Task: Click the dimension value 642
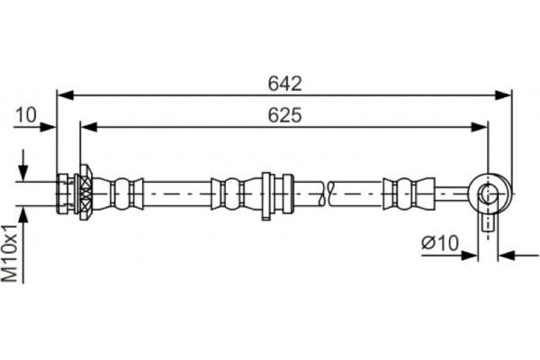point(283,83)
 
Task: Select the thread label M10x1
point(12,256)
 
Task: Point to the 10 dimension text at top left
point(25,114)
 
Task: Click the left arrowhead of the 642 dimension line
point(64,93)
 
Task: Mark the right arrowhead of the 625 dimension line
point(481,126)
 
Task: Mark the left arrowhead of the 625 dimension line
point(88,126)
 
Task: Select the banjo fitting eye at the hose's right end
point(488,192)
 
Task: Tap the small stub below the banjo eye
point(488,220)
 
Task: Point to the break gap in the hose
point(326,192)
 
